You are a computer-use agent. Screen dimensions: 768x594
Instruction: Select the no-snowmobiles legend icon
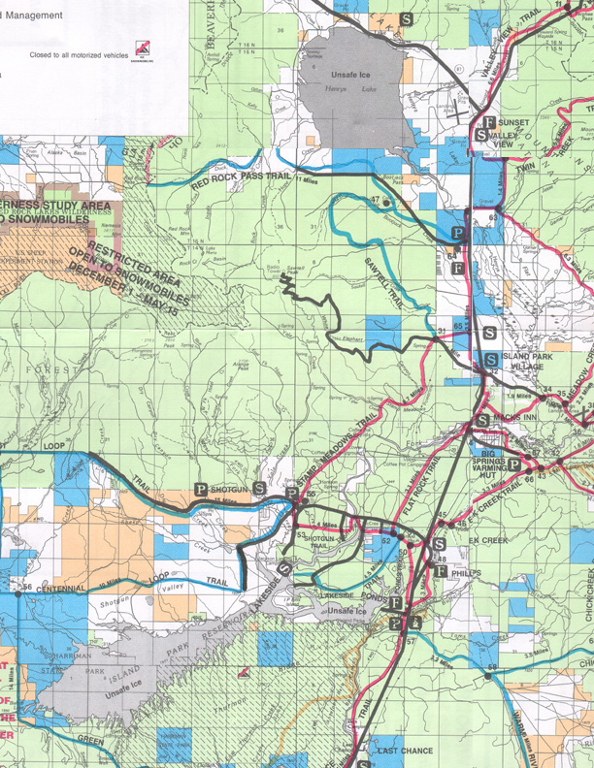(142, 49)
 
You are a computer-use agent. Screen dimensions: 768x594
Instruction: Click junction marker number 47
(375, 201)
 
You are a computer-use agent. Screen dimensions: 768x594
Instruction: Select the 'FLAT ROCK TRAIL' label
(424, 479)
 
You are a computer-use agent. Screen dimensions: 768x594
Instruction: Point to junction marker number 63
(493, 218)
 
